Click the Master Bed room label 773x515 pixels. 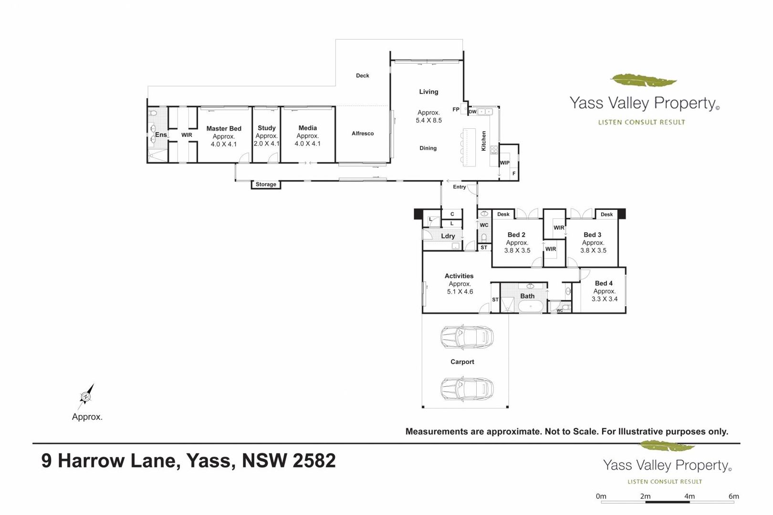coord(224,129)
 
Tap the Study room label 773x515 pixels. coord(266,128)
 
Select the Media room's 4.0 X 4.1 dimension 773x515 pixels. coord(307,144)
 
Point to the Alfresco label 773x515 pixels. coord(362,134)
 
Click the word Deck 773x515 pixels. coord(362,75)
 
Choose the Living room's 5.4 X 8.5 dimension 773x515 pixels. coord(428,120)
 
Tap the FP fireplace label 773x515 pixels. coord(456,109)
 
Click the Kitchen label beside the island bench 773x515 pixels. coord(483,141)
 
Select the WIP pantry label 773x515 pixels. coord(504,163)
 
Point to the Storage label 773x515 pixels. coord(266,185)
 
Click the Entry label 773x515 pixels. coord(460,186)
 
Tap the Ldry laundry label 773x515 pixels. coord(448,237)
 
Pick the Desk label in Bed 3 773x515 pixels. coord(606,214)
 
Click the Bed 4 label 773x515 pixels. coord(604,283)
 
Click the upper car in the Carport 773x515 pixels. coord(467,337)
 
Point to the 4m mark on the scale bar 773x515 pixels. coord(689,496)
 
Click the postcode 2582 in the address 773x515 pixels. coord(314,461)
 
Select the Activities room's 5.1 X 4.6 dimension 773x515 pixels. coord(460,292)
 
